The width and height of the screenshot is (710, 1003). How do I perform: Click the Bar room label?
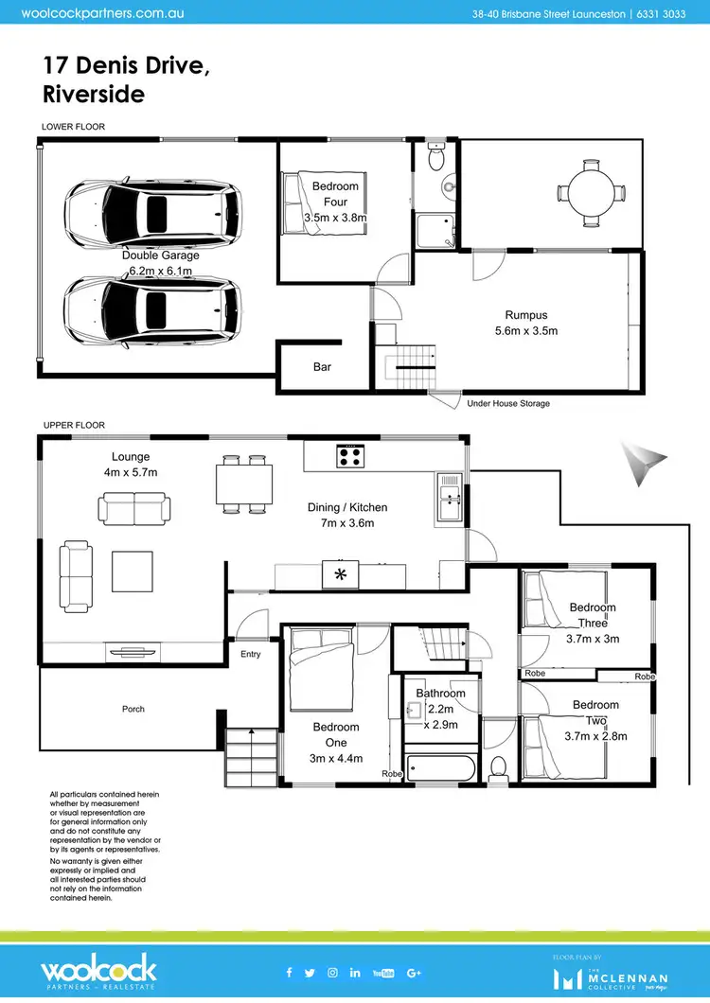pyautogui.click(x=322, y=367)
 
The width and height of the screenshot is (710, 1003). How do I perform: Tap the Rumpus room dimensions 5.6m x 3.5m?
pyautogui.click(x=526, y=331)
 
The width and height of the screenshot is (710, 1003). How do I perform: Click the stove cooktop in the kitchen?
pyautogui.click(x=349, y=456)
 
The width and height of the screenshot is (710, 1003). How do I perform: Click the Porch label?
pyautogui.click(x=133, y=709)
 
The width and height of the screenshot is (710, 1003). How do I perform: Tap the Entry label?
pyautogui.click(x=251, y=654)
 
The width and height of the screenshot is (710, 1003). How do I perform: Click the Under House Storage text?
pyautogui.click(x=508, y=403)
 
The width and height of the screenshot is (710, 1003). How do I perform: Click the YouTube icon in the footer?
pyautogui.click(x=383, y=972)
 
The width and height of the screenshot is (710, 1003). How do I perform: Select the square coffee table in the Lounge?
pyautogui.click(x=132, y=571)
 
